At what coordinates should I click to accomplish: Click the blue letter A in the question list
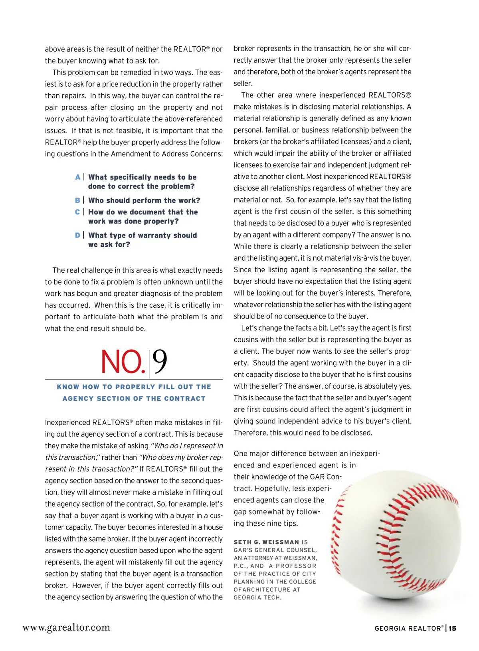(77, 177)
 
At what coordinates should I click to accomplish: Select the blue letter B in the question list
(77, 200)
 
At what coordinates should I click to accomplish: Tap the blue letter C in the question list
(77, 212)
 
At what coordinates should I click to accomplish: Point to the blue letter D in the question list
(77, 235)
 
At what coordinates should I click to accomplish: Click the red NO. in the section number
(123, 362)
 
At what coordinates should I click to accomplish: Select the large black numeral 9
(160, 362)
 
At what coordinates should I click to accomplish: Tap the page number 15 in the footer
(452, 628)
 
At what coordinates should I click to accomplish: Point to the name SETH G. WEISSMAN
(266, 542)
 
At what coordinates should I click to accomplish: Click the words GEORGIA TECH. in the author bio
(257, 598)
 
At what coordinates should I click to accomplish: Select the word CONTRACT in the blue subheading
(187, 399)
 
